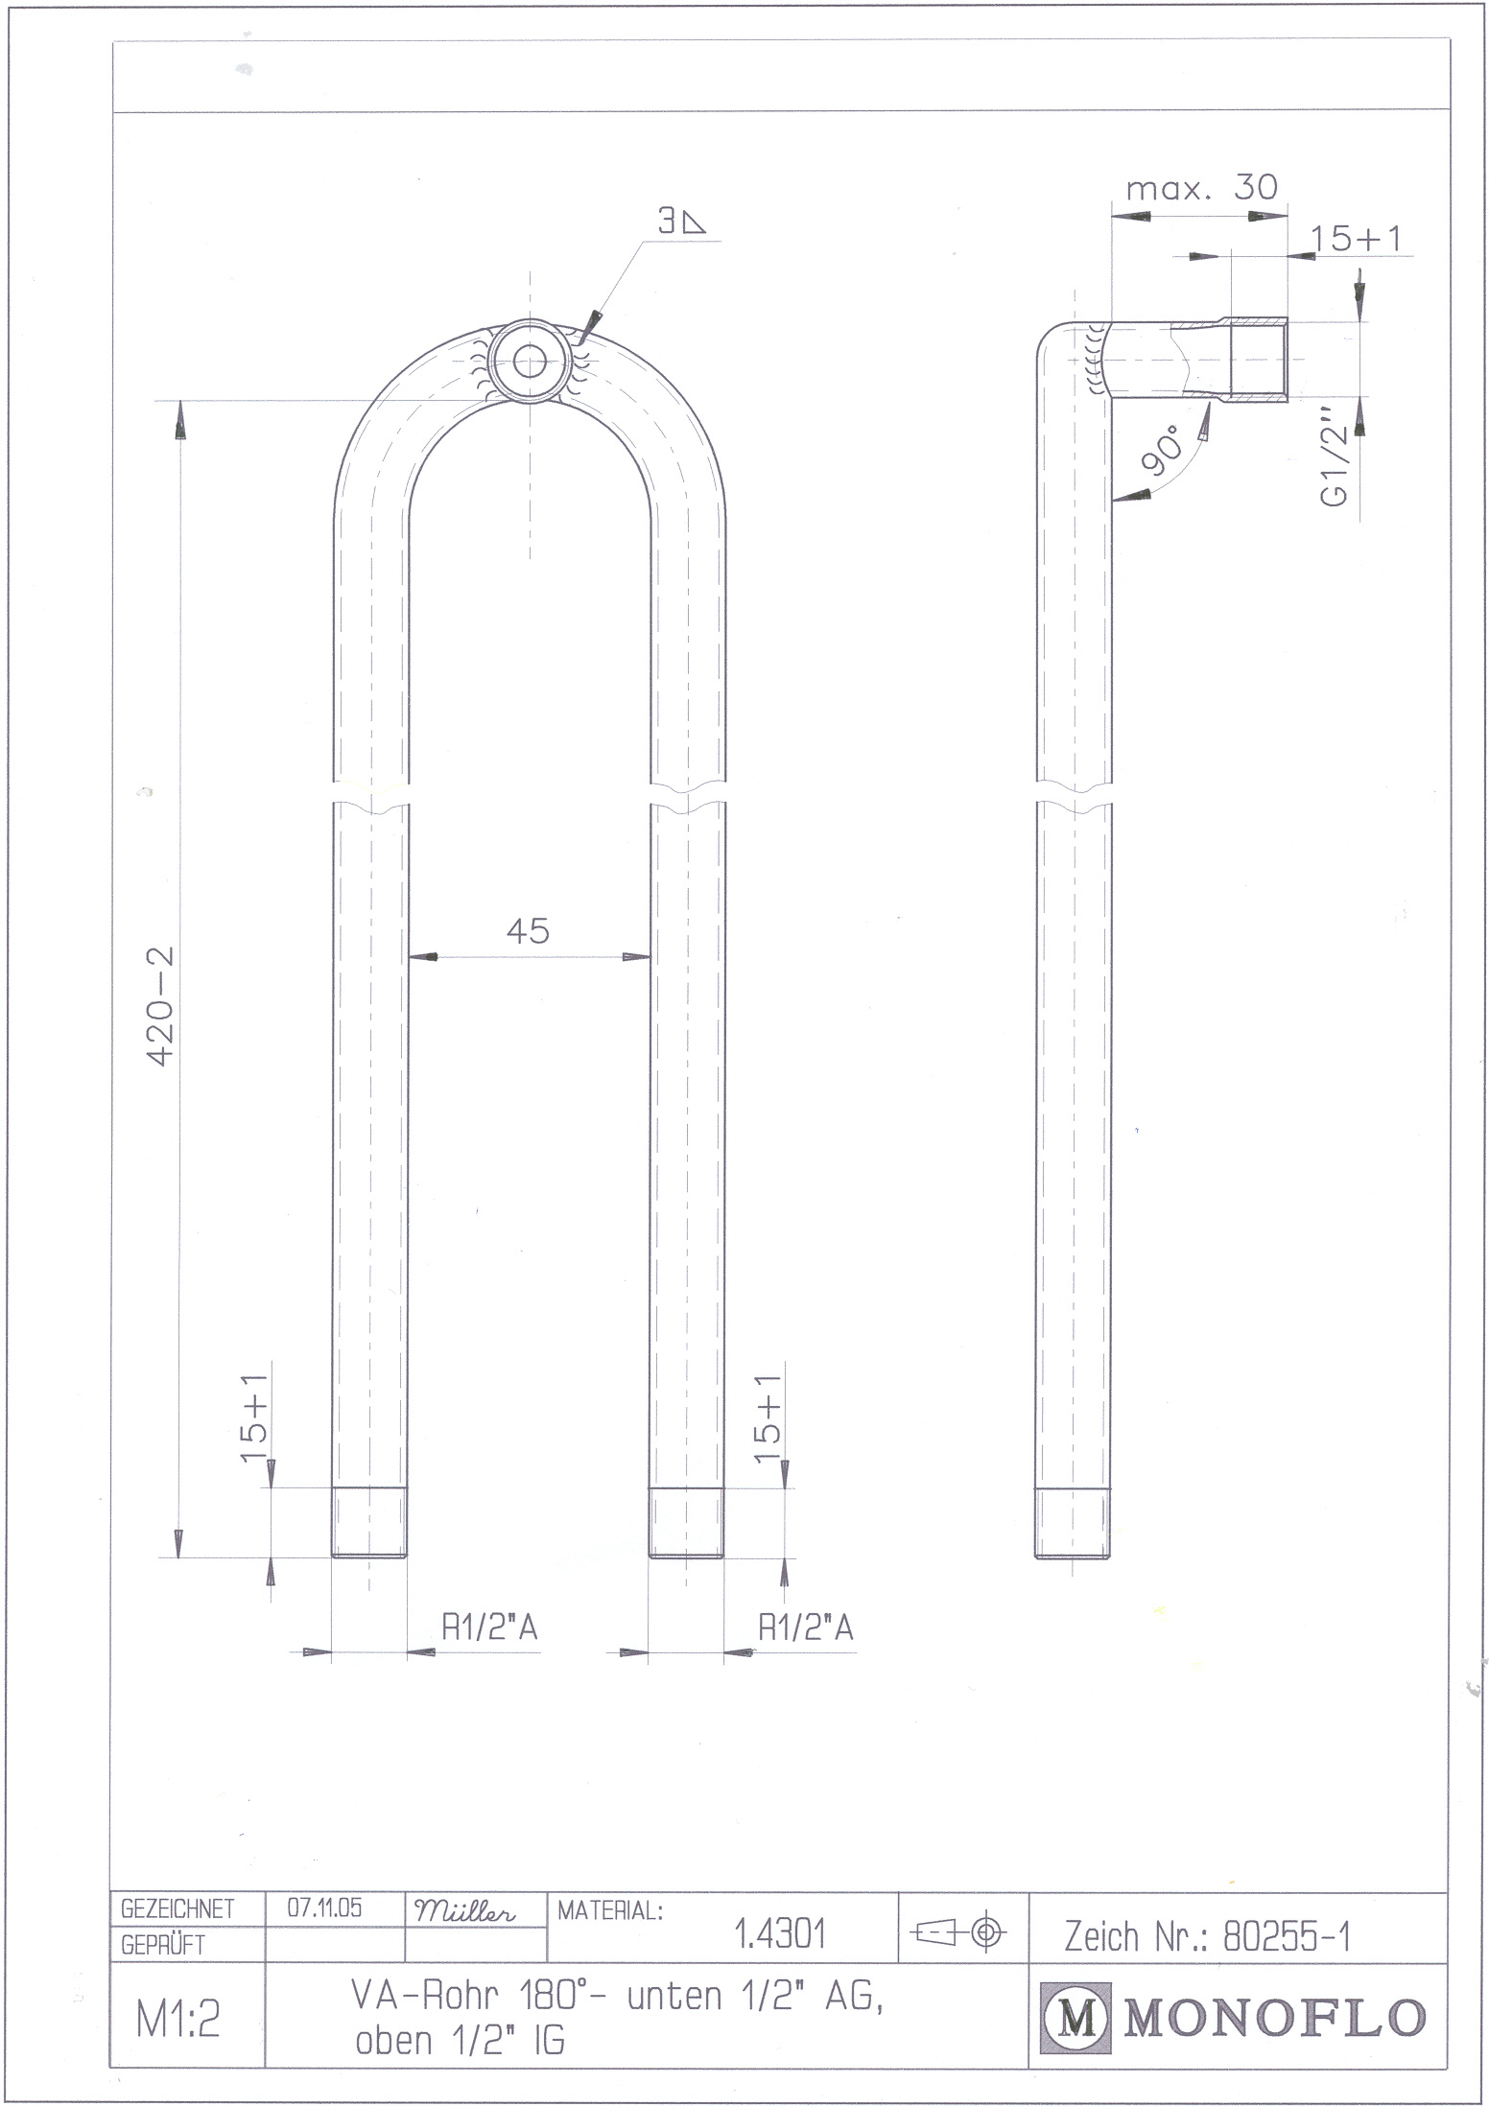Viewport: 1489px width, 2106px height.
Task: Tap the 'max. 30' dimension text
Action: [1202, 187]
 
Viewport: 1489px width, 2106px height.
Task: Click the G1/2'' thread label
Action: [1335, 456]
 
